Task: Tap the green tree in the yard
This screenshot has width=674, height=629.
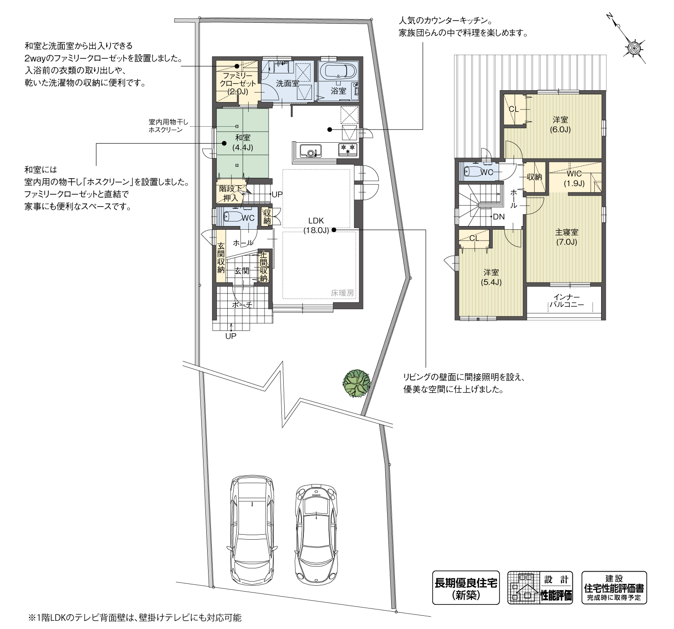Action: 356,383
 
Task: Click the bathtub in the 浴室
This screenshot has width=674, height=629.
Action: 338,72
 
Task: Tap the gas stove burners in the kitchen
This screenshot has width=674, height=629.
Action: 348,148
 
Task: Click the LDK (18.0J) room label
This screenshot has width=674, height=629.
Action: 316,226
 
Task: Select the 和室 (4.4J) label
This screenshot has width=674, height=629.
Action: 243,142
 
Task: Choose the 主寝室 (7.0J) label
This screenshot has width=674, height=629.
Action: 567,237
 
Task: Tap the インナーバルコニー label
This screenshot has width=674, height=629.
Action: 567,301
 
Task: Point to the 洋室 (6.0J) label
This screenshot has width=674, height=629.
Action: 560,124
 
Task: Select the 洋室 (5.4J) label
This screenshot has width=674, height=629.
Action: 491,277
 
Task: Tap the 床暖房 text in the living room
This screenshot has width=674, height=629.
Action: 342,294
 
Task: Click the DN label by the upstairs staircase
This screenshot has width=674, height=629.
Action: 499,217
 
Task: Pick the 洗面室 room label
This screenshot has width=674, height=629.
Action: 287,83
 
